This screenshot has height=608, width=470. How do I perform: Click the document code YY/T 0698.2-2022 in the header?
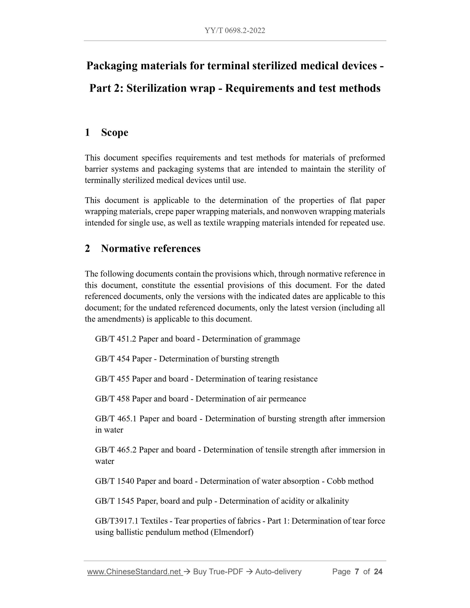click(235, 31)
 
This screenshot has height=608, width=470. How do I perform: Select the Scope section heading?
click(114, 133)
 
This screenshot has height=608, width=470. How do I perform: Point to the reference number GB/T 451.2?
click(115, 339)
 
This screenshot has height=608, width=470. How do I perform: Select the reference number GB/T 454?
click(112, 359)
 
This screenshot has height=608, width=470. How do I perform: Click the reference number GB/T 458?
click(112, 399)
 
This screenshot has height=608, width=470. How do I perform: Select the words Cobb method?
click(350, 481)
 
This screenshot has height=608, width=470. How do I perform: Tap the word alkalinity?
click(332, 501)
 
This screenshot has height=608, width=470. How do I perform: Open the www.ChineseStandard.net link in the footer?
click(135, 572)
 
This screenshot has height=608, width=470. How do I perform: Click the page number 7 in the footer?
click(357, 572)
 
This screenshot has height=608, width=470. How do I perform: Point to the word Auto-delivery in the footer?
click(278, 572)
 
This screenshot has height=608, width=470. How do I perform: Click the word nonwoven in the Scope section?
click(299, 212)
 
